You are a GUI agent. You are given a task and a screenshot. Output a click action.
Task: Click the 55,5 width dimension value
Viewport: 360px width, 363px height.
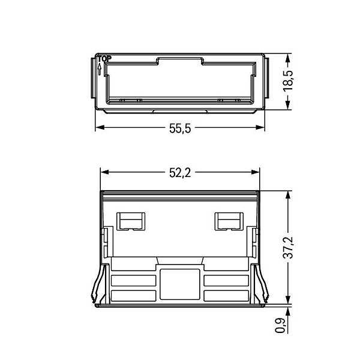click(180, 128)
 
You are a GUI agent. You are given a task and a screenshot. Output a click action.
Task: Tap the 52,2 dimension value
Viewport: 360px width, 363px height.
click(180, 173)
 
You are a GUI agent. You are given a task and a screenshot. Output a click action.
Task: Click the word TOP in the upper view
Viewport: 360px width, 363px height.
click(104, 59)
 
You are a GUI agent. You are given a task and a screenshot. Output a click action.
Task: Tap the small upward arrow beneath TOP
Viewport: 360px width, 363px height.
click(100, 69)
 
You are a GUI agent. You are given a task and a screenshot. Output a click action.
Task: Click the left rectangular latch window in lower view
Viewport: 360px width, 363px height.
click(131, 221)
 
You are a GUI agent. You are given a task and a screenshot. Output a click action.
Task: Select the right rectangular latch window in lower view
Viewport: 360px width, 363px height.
click(229, 221)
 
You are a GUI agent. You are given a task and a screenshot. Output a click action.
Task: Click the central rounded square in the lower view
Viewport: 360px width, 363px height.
click(180, 284)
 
